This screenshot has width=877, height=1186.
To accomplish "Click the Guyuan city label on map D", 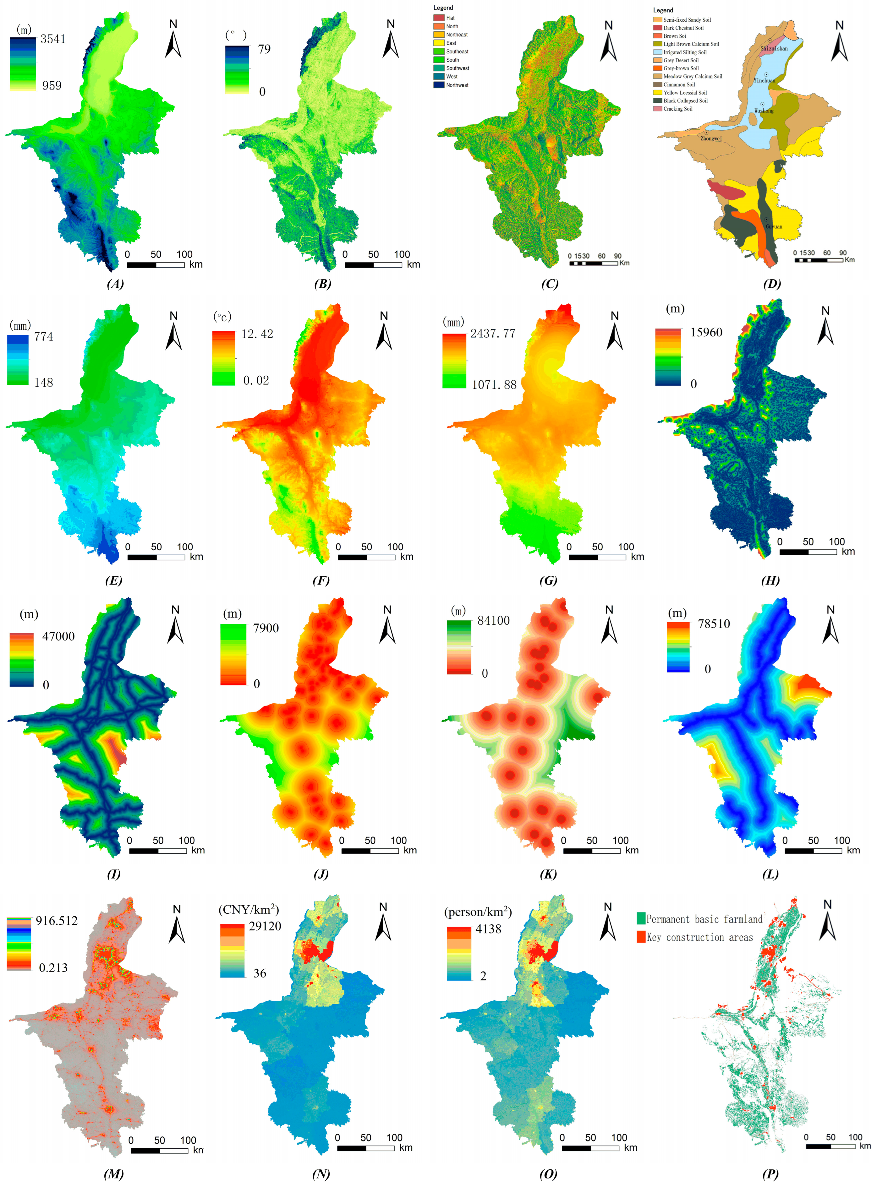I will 774,226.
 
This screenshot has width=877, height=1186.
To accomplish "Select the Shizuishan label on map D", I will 774,48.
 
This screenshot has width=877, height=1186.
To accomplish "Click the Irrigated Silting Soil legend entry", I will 684,52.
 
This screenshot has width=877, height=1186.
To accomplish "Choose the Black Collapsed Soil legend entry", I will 685,100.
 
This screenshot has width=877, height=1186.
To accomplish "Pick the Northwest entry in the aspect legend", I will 457,85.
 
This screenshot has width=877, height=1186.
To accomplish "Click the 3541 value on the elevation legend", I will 53,39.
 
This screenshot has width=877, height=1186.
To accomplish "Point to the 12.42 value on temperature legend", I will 257,334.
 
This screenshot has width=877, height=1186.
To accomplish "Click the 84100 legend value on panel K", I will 493,620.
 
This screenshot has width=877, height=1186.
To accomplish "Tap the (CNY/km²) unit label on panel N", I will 249,910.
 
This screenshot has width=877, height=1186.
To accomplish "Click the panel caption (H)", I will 770,580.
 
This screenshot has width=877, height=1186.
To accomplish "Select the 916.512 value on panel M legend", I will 56,921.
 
